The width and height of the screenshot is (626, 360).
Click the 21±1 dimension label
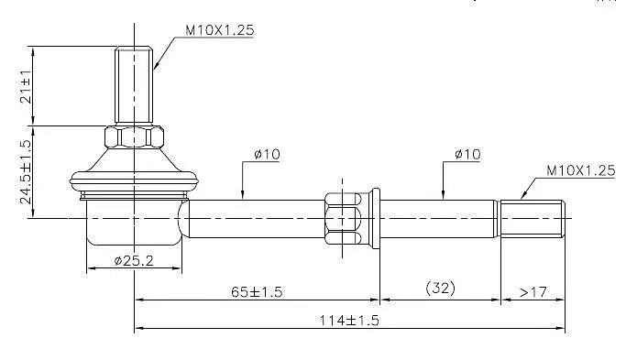26,86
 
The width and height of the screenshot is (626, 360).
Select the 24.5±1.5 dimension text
26,171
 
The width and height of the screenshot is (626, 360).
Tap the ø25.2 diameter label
134,261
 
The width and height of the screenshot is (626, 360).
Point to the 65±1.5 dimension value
257,291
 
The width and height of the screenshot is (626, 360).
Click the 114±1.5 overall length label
349,320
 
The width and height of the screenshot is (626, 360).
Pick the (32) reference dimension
440,288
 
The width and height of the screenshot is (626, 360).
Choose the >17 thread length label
533,292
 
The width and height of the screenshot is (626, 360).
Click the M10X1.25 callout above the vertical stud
220,30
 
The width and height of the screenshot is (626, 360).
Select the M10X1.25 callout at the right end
581,170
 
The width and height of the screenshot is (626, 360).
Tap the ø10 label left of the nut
267,154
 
